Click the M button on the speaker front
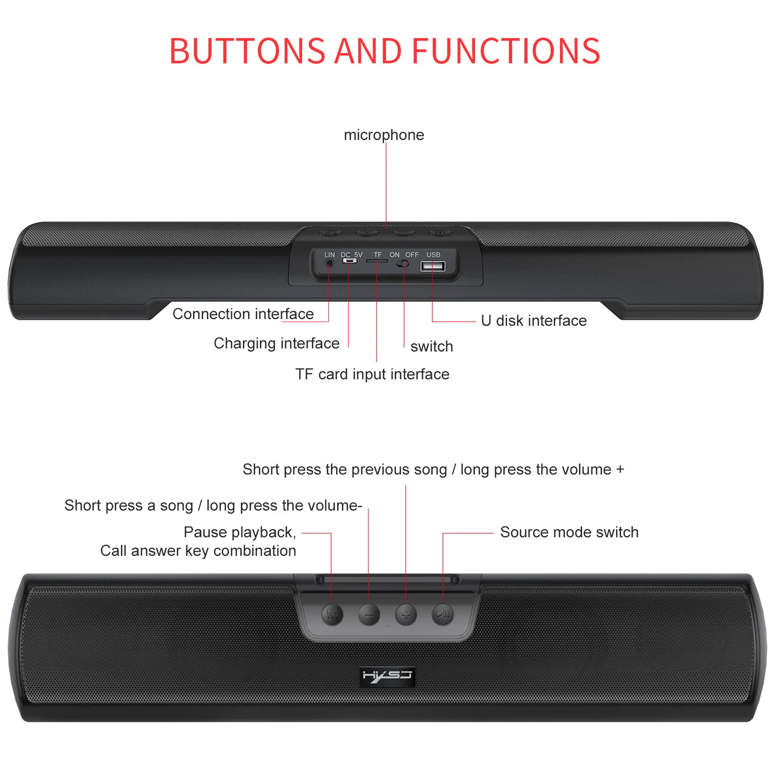pyautogui.click(x=332, y=614)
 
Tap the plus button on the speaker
pyautogui.click(x=406, y=614)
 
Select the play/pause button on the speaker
pyautogui.click(x=443, y=614)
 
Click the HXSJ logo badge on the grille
pyautogui.click(x=387, y=676)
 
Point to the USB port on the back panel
pyautogui.click(x=433, y=266)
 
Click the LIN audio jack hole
pyautogui.click(x=329, y=263)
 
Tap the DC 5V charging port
pyautogui.click(x=350, y=261)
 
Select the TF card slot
pyautogui.click(x=377, y=261)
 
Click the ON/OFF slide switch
pyautogui.click(x=404, y=264)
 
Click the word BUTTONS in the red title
pyautogui.click(x=247, y=51)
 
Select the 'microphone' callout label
pyautogui.click(x=384, y=135)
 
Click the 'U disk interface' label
pyautogui.click(x=534, y=321)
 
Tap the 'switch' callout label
pyautogui.click(x=432, y=346)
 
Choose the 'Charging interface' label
pyautogui.click(x=276, y=343)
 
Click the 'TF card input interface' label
pyautogui.click(x=372, y=374)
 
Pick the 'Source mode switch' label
pyautogui.click(x=569, y=532)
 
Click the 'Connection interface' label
pyautogui.click(x=243, y=314)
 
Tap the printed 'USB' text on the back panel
pyautogui.click(x=433, y=255)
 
